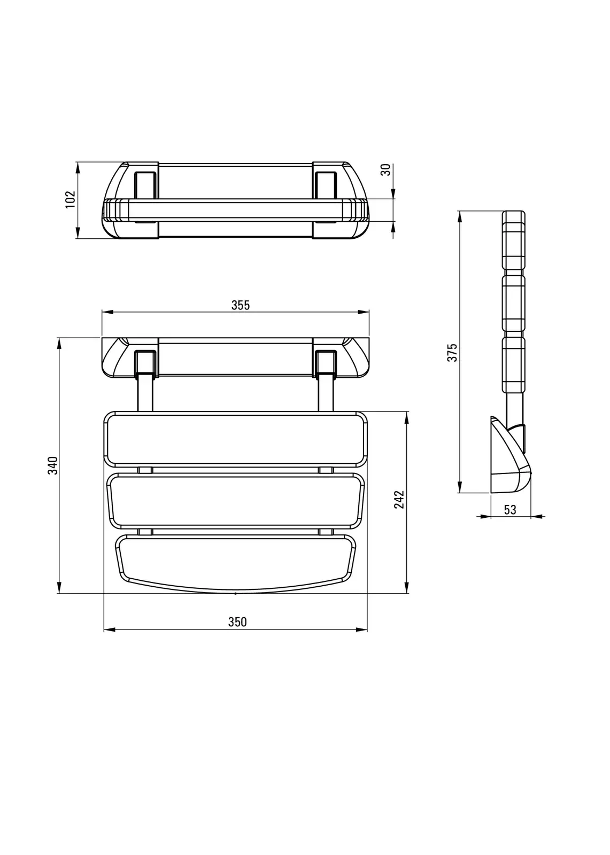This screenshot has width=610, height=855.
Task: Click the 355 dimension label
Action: pyautogui.click(x=240, y=305)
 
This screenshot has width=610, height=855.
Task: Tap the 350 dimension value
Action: pyautogui.click(x=237, y=622)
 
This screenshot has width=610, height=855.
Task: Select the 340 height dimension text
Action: pyautogui.click(x=53, y=465)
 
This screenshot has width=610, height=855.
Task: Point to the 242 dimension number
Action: pyautogui.click(x=399, y=500)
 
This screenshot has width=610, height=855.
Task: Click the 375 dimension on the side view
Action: pyautogui.click(x=452, y=352)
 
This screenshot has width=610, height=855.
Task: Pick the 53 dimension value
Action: pyautogui.click(x=510, y=510)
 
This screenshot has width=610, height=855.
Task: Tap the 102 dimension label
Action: pyautogui.click(x=70, y=199)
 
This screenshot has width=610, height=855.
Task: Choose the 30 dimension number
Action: pyautogui.click(x=386, y=169)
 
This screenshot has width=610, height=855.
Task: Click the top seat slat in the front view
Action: pyautogui.click(x=235, y=439)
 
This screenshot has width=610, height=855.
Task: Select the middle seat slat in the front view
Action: pyautogui.click(x=235, y=501)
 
